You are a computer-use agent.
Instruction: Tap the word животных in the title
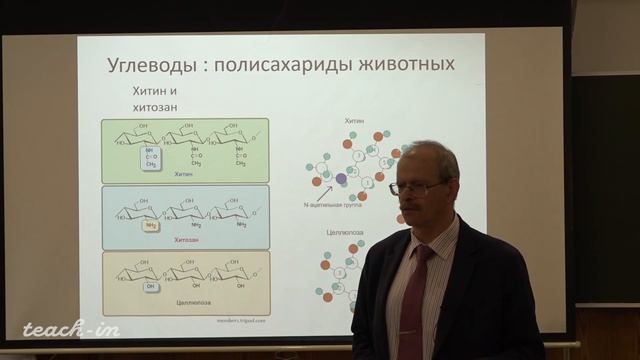(412, 65)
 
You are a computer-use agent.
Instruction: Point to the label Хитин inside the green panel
(182, 174)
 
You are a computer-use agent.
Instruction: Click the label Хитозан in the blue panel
(183, 240)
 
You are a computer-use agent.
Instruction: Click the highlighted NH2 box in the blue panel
(151, 226)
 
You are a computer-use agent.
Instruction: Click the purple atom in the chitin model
(340, 179)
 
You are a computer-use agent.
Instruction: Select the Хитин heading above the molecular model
(354, 120)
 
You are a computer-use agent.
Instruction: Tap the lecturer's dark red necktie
(414, 300)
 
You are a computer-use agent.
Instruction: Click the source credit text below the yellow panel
(241, 323)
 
